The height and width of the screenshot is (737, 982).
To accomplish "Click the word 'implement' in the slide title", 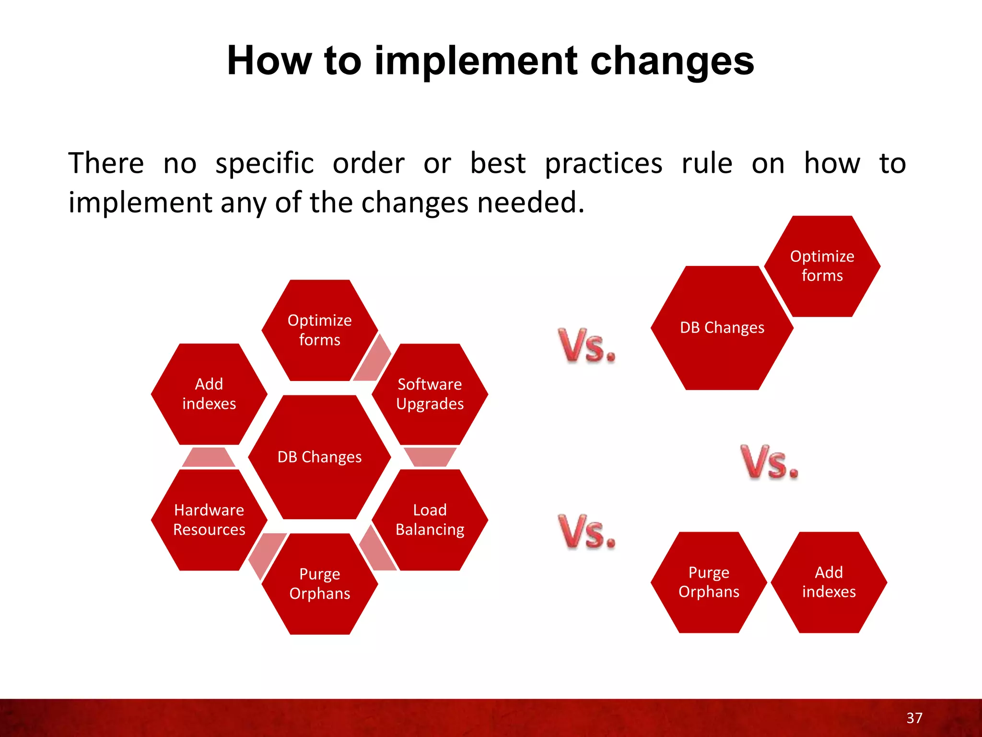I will point(476,61).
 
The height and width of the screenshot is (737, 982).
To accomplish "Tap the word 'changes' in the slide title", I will point(672,61).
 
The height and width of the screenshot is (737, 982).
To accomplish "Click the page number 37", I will point(914,718).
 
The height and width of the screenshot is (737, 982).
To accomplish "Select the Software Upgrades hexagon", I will point(430,394).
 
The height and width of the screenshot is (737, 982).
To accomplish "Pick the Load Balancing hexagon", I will point(430,520).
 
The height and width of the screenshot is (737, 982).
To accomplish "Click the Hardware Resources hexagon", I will point(209,520).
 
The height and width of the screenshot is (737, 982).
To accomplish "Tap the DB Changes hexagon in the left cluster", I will point(319,457).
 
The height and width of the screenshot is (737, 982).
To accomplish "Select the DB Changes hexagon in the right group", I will point(722,328).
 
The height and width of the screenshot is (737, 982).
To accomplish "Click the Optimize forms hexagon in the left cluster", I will point(319,330).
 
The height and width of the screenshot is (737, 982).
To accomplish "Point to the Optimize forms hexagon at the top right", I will point(822,266).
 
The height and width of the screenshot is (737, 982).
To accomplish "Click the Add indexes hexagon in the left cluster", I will point(209,394).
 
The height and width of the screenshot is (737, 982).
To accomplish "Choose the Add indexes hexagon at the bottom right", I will point(829,582).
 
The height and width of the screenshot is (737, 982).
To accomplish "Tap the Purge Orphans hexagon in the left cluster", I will point(319,583).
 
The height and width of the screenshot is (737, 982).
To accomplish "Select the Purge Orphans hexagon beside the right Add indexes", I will point(709,582).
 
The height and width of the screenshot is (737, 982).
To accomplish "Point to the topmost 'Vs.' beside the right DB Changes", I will point(587,345).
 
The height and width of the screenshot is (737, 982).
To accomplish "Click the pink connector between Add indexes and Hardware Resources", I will point(209,457).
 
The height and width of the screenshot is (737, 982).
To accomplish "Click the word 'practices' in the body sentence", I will point(604,164).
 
